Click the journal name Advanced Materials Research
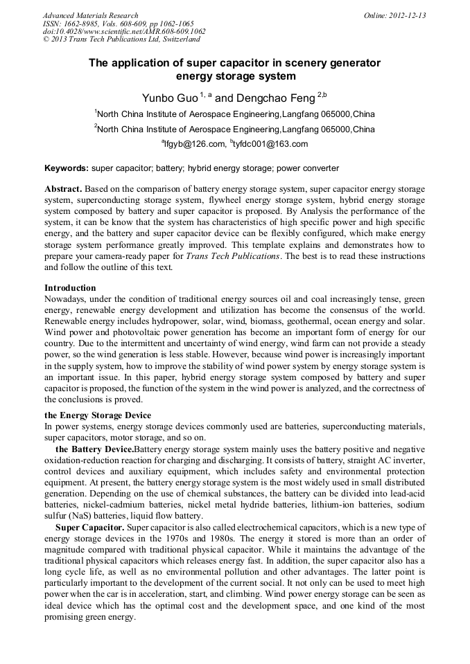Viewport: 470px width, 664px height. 90,15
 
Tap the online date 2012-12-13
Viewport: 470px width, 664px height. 405,15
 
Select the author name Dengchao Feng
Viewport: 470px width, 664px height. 275,98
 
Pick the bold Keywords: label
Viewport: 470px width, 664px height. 67,168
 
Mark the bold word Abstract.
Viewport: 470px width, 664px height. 64,189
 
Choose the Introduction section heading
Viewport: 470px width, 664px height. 70,287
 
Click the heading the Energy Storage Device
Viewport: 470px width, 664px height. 98,415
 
